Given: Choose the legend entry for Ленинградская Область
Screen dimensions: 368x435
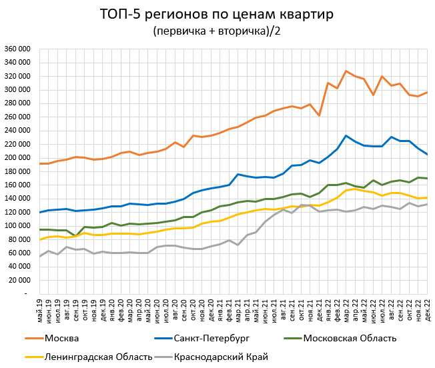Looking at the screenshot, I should (97, 357).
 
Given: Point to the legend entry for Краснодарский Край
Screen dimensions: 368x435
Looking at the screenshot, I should (220, 357).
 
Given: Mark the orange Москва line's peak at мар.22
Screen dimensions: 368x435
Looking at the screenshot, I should (346, 71).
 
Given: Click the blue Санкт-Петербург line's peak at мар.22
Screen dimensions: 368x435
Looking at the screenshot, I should (346, 135).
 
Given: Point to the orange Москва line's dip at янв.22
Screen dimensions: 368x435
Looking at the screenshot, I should (319, 115).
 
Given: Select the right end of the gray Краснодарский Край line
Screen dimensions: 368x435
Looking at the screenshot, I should (427, 204).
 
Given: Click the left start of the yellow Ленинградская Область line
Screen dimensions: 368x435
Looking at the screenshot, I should (39, 239).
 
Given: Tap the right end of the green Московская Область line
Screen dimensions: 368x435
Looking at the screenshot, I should (427, 179).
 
